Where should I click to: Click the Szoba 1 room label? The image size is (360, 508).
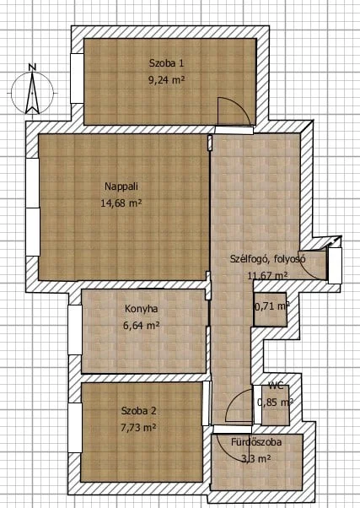tap(166, 62)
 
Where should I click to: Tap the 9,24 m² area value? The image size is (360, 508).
tap(166, 79)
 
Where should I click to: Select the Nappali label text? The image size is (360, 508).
tap(121, 186)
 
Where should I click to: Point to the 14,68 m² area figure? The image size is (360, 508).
tap(121, 203)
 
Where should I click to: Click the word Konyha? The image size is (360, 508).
tap(141, 309)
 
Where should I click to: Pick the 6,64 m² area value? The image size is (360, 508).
tap(141, 325)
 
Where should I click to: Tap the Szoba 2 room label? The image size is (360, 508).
tap(138, 411)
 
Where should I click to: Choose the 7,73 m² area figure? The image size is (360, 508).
tap(138, 428)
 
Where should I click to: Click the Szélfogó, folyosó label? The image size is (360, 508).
tap(268, 259)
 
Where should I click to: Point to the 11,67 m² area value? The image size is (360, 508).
tap(267, 275)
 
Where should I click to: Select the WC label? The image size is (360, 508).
tap(276, 386)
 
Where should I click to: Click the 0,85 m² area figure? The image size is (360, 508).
tap(275, 402)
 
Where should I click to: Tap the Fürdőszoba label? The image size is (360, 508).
tap(256, 442)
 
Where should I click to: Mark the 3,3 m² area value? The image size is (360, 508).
tap(256, 459)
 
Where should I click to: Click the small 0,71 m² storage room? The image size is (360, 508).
tap(271, 310)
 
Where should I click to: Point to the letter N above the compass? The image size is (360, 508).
tap(32, 68)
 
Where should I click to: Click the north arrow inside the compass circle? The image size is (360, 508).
tap(32, 94)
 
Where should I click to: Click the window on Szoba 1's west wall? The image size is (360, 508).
tap(77, 78)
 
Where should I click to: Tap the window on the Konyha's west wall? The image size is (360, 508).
tap(75, 330)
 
